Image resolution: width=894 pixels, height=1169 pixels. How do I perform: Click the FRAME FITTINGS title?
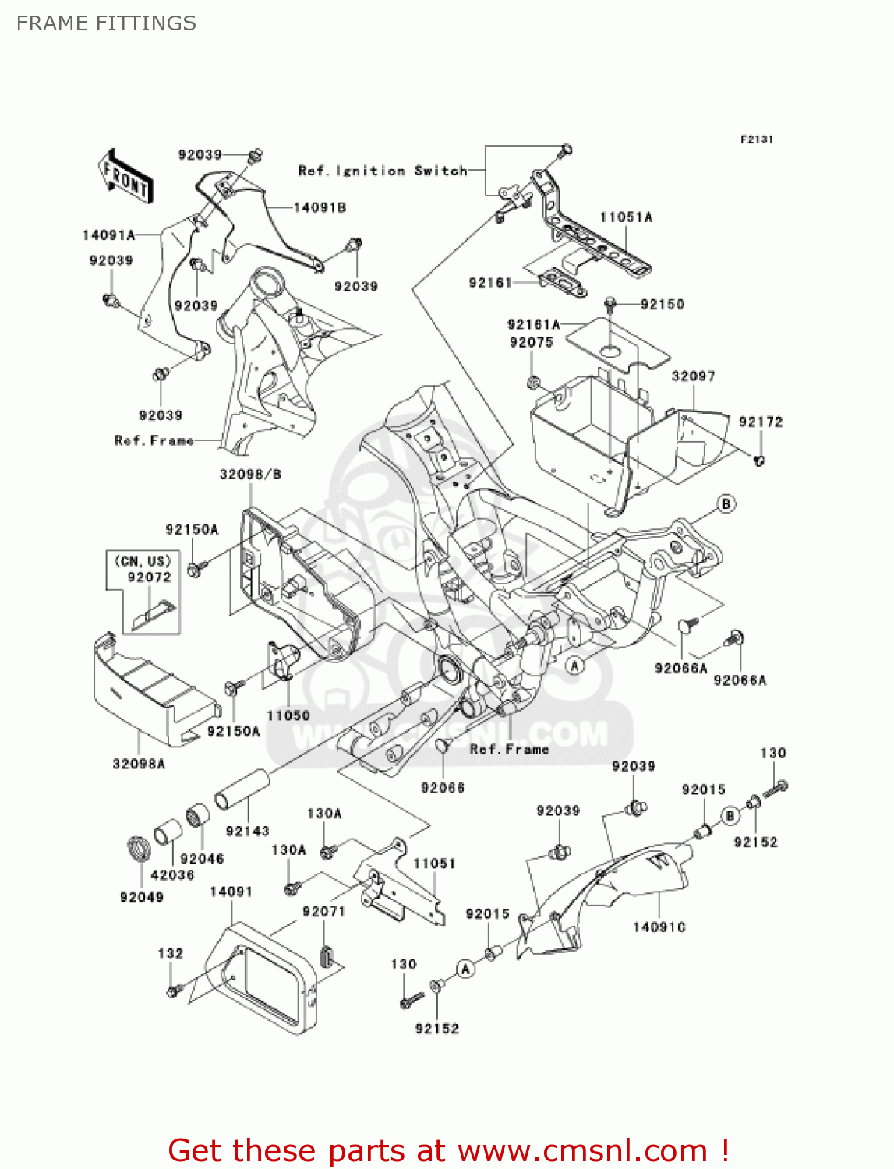click(x=106, y=23)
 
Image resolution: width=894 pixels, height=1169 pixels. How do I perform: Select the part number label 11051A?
click(x=626, y=217)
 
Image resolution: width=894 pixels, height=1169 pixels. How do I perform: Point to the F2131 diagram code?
click(x=756, y=140)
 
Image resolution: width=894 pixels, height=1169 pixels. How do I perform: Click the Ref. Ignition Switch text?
click(x=382, y=171)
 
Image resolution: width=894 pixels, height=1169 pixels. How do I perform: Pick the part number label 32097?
click(x=693, y=376)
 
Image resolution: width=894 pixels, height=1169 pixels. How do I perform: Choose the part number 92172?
click(x=760, y=422)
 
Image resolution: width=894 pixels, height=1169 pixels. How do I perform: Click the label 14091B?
click(x=320, y=208)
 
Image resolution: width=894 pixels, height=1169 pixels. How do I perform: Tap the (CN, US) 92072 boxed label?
click(x=143, y=570)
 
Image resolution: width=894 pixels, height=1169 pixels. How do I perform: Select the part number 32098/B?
click(x=250, y=474)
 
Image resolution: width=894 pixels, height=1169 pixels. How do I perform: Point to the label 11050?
click(x=288, y=715)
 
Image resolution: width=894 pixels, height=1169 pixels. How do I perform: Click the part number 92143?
click(x=247, y=832)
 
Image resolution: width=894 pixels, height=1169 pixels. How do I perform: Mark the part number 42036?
click(x=172, y=874)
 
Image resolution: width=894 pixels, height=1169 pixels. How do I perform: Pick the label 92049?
click(x=141, y=897)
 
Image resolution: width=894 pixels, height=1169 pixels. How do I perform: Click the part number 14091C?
click(x=659, y=927)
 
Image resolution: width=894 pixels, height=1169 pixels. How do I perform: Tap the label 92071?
click(x=323, y=911)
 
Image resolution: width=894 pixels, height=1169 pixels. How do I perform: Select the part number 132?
click(x=170, y=953)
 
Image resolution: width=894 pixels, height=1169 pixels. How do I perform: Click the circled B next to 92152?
click(x=730, y=816)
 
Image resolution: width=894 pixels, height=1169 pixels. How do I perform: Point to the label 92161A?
click(x=533, y=324)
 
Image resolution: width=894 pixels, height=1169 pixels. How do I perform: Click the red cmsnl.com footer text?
click(x=449, y=1150)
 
